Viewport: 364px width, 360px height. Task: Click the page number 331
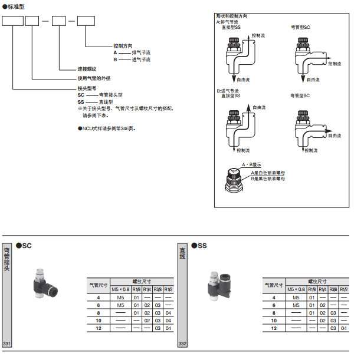pyautogui.click(x=7, y=344)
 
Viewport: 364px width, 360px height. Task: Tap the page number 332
pyautogui.click(x=182, y=344)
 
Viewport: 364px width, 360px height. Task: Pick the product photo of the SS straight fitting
pyautogui.click(x=218, y=283)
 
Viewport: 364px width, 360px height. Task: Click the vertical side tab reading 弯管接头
pyautogui.click(x=7, y=259)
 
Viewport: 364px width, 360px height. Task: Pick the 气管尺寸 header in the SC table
pyautogui.click(x=99, y=285)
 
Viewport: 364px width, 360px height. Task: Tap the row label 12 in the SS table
pyautogui.click(x=274, y=327)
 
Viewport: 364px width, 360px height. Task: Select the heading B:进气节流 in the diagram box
pyautogui.click(x=229, y=90)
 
